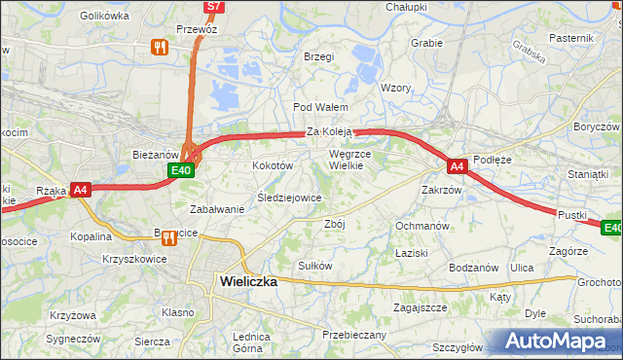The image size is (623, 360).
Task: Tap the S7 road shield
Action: [x=215, y=7]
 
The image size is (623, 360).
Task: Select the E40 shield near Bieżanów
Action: [x=180, y=170]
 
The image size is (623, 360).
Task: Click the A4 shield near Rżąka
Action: [x=81, y=191]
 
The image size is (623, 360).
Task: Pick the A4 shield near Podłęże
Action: [x=458, y=166]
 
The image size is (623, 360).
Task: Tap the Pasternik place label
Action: [x=570, y=37]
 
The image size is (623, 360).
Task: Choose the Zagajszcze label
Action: [x=420, y=306]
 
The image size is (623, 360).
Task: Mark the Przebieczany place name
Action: [x=354, y=335]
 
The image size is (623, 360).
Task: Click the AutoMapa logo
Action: [x=558, y=342]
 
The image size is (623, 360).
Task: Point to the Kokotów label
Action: [x=273, y=166]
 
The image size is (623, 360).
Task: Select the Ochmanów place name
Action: [x=421, y=226]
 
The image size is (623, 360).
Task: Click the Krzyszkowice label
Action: [x=132, y=260]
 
